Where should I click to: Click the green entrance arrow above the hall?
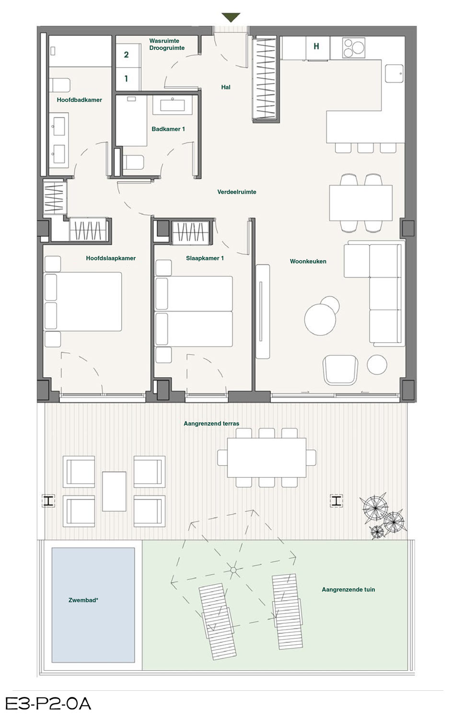coord(231,17)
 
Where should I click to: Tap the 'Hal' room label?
coord(226,87)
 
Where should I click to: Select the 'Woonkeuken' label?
coord(308,261)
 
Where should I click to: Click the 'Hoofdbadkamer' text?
coord(79,100)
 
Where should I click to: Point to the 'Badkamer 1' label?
coord(168,129)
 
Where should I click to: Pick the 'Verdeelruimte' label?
coord(237,192)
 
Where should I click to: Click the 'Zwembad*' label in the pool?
coord(83,600)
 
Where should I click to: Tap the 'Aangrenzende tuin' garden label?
coord(349,589)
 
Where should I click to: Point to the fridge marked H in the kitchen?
coord(317,48)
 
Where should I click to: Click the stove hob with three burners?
coord(354,48)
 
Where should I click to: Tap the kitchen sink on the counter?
coord(394,73)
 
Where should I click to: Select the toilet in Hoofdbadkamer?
coord(60,85)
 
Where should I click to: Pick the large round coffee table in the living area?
coord(320,319)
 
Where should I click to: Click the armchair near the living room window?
coord(340,370)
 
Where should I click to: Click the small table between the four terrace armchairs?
coord(114,491)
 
